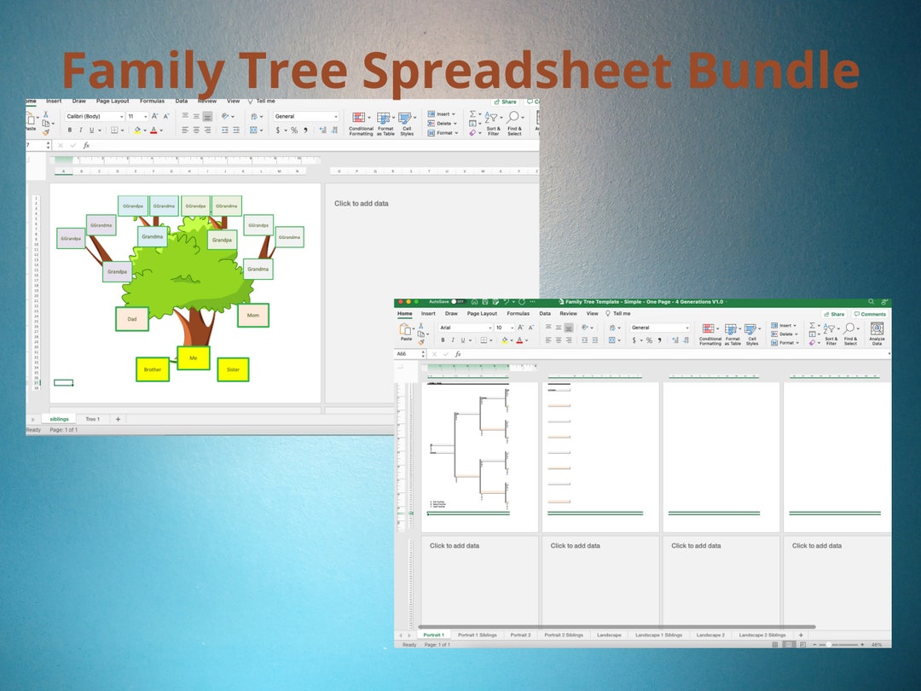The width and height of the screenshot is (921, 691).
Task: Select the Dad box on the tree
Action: tap(132, 319)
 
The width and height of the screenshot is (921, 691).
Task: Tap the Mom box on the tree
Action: tap(253, 316)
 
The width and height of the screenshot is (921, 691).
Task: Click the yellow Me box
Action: tap(194, 358)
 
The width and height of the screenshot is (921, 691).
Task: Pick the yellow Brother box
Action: tap(153, 369)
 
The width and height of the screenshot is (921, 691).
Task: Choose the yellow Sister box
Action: tap(233, 369)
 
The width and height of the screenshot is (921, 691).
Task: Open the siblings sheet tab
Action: tap(59, 419)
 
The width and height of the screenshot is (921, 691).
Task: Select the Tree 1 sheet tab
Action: tap(92, 419)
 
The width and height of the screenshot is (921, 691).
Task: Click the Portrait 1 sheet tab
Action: tap(434, 635)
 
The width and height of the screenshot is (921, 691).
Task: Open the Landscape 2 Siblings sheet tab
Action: tap(762, 635)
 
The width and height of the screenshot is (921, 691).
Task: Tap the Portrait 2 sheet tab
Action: tap(520, 635)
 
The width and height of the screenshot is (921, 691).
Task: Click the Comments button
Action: tap(870, 314)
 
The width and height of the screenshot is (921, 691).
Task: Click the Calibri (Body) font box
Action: tap(94, 116)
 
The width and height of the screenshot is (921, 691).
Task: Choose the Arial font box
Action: tap(464, 328)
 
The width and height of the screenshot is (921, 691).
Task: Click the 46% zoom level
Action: tap(877, 645)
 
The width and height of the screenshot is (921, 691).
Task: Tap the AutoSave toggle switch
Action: tap(458, 301)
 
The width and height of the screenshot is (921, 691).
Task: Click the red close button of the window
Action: tap(399, 301)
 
